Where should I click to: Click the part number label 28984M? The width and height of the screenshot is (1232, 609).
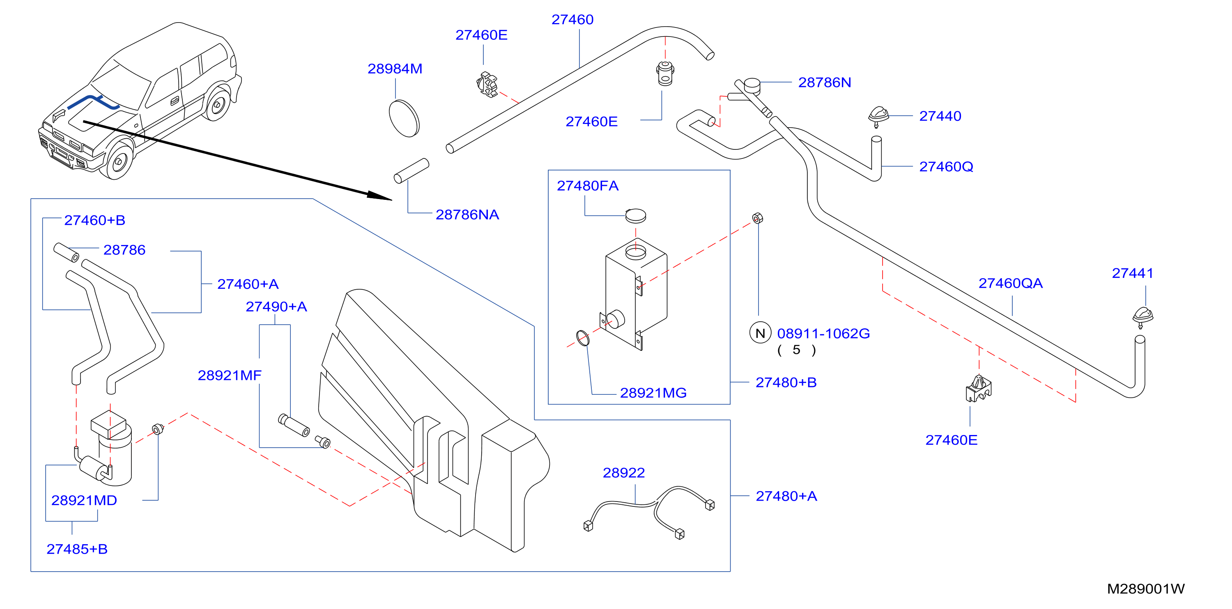pos(395,69)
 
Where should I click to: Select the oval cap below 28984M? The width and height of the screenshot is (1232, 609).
pos(404,118)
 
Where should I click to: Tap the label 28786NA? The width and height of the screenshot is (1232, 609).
pos(467,215)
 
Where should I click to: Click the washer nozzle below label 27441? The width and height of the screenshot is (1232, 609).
pos(1142,317)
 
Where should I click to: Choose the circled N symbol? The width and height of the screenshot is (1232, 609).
pos(760,333)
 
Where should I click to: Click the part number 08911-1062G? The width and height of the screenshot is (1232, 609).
pos(823,333)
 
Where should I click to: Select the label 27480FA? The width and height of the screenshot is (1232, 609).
pos(587,185)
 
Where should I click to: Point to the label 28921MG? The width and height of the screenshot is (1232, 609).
pos(653,393)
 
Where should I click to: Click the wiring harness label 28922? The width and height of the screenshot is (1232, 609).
pos(624,473)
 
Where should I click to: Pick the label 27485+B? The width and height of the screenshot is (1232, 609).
pos(77,549)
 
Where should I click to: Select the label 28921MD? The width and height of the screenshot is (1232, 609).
pos(84,501)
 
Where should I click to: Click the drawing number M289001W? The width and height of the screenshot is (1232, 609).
pos(1146,589)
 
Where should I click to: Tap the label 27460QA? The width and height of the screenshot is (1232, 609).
pos(1010,284)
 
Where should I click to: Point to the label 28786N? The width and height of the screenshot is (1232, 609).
pos(825,83)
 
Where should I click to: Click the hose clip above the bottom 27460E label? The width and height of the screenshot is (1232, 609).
pos(979,388)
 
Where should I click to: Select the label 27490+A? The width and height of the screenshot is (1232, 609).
pos(276,307)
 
